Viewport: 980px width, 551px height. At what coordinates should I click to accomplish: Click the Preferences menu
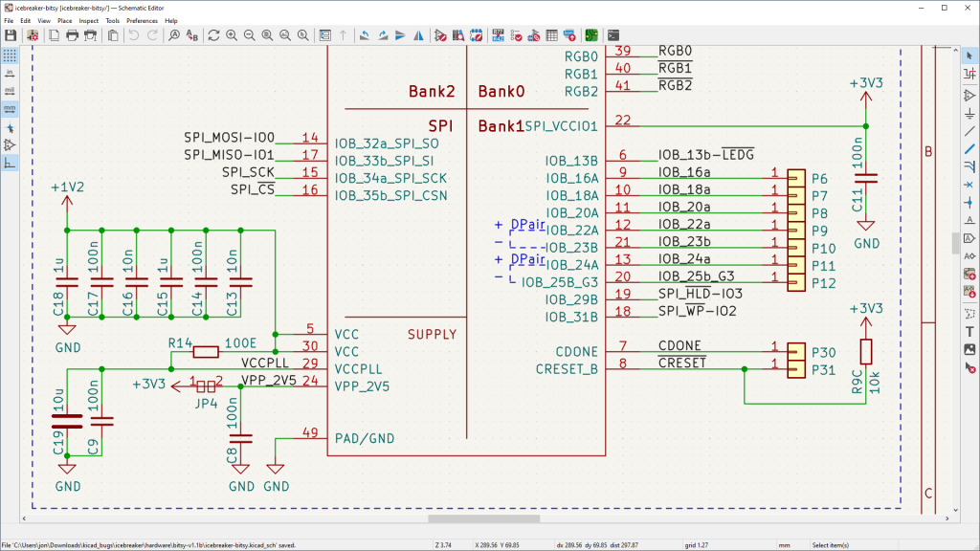(142, 20)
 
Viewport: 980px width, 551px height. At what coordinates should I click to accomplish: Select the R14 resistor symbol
(205, 352)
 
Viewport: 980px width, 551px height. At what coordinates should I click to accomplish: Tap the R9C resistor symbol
(866, 352)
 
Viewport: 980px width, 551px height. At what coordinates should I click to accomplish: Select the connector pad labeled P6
(796, 177)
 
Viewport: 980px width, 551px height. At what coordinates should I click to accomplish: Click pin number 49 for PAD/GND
(309, 433)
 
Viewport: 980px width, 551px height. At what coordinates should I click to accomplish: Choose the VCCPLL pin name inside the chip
(359, 368)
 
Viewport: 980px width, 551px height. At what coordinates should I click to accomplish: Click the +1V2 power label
(67, 187)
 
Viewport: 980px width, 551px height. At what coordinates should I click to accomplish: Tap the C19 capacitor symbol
(67, 421)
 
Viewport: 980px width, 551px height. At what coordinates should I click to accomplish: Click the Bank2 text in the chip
(431, 93)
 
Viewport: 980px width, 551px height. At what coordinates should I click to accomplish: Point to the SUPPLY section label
(432, 335)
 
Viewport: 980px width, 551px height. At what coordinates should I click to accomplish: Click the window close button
(963, 7)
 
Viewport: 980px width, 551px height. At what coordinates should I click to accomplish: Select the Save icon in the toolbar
(11, 35)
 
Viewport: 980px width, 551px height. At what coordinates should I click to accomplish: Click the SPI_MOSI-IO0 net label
(229, 138)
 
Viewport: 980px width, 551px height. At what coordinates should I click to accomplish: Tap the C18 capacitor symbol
(67, 281)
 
